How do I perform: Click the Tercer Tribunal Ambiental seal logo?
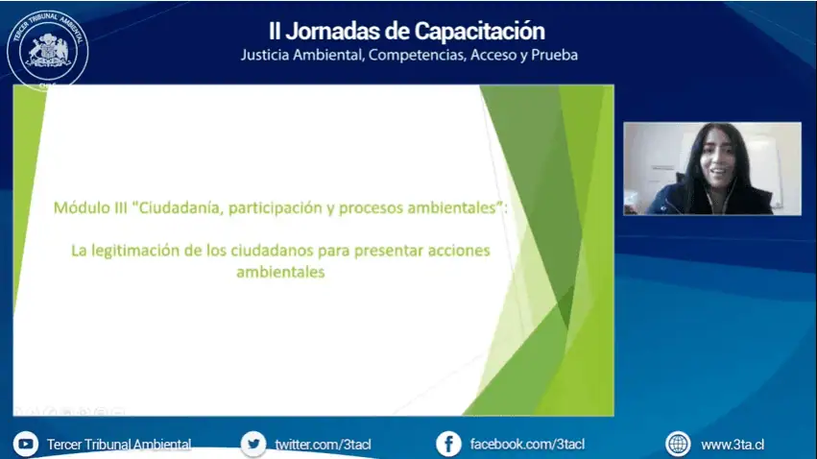tap(47, 50)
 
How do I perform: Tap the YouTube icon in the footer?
tap(26, 445)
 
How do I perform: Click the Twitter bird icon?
tap(253, 445)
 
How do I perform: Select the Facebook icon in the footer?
tap(448, 445)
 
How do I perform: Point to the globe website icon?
tap(678, 445)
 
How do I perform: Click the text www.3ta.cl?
tap(733, 445)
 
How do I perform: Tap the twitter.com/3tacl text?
tap(323, 445)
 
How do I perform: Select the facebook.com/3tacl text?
tap(527, 445)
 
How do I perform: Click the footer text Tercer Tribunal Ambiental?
tap(119, 445)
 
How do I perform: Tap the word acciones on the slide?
tap(459, 251)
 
